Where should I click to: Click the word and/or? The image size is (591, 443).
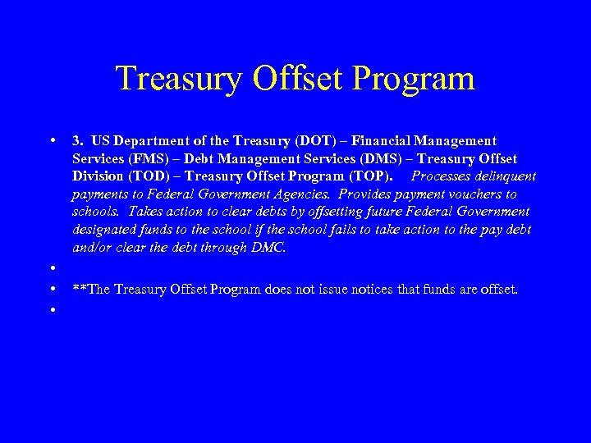click(x=92, y=247)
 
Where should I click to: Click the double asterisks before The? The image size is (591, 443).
click(x=79, y=289)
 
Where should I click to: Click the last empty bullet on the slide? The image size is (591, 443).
click(x=52, y=310)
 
